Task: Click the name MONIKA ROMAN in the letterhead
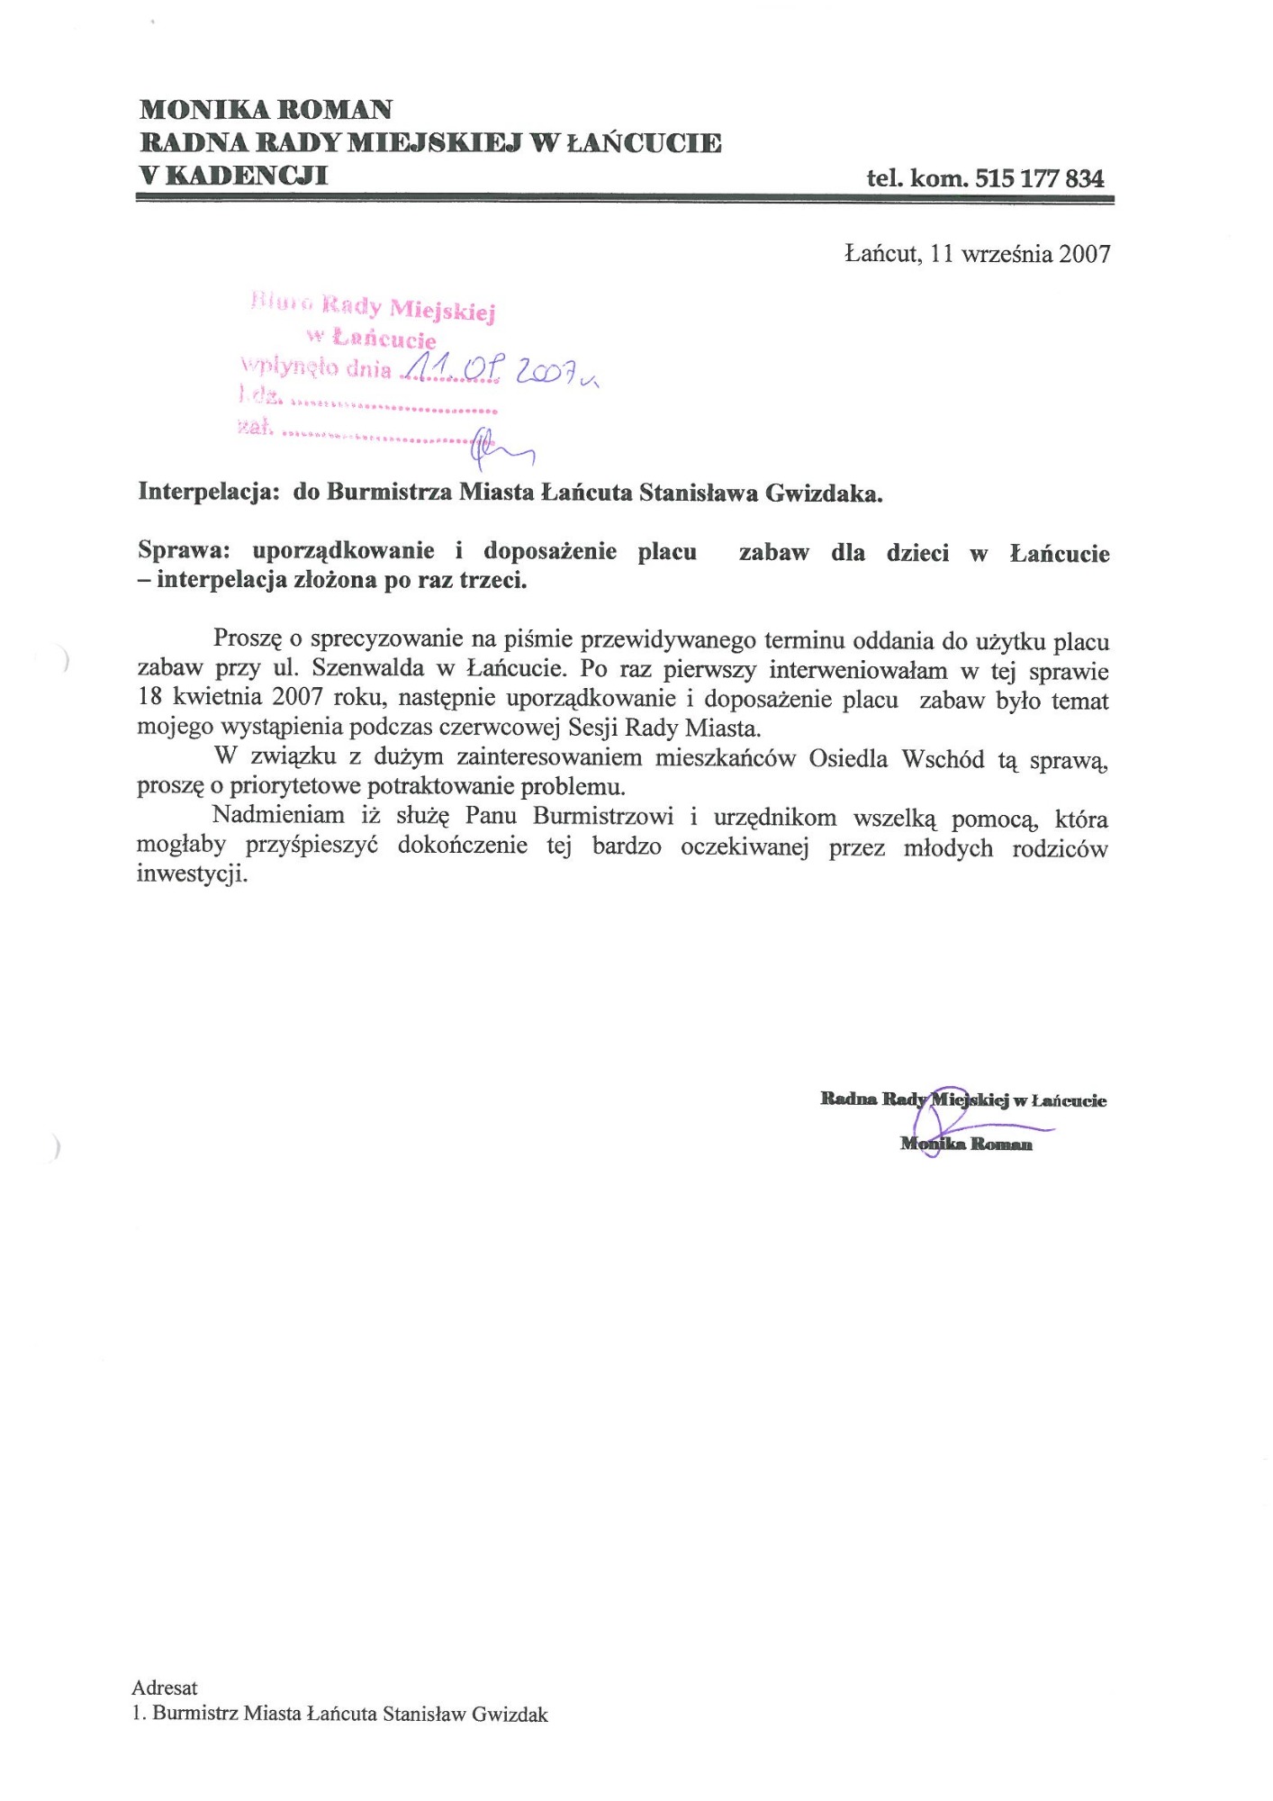pos(266,110)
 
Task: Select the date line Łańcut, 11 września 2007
pos(977,254)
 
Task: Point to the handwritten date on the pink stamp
pos(499,369)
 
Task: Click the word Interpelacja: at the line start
pos(207,493)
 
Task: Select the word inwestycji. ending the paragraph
pos(191,874)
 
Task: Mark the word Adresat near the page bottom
pos(165,1687)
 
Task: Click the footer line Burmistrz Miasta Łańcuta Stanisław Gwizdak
pos(349,1714)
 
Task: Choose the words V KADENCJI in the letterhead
pos(233,175)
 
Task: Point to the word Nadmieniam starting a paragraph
pos(278,816)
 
